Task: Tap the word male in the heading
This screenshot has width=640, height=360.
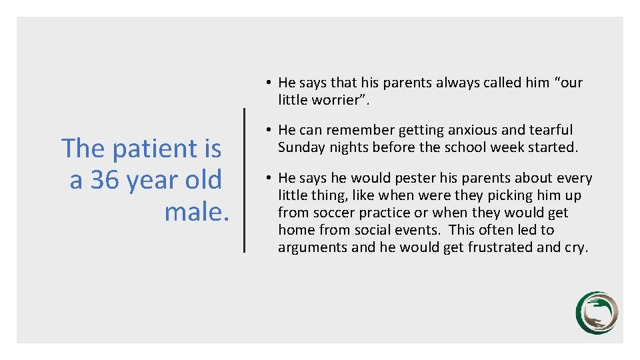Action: coord(196,212)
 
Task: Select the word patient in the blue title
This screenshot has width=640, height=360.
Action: coord(156,148)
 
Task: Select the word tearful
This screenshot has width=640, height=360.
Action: coord(550,130)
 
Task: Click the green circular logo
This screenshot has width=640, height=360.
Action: coord(597,313)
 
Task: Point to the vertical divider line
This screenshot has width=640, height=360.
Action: coord(244,180)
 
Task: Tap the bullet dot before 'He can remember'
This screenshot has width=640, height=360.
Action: coord(267,130)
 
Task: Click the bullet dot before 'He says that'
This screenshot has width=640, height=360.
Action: coord(267,83)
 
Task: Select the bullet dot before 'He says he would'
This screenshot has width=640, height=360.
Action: coord(267,178)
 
